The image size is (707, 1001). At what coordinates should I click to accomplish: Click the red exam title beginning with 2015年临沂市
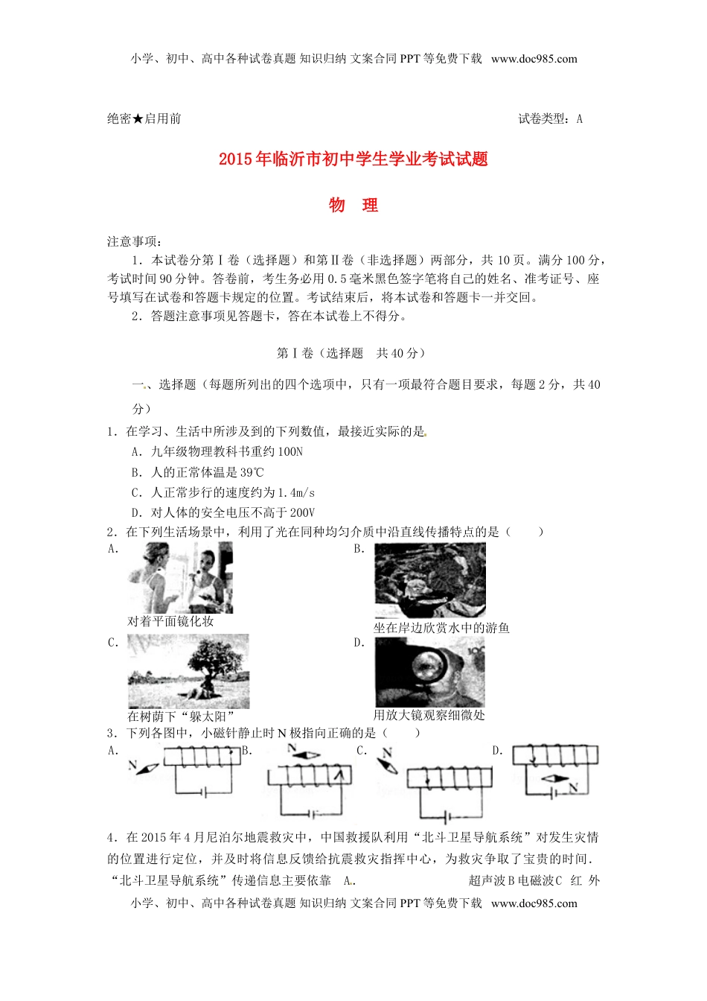tap(353, 159)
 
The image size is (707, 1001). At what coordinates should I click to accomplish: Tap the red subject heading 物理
tap(353, 206)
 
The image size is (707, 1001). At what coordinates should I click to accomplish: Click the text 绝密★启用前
tap(144, 119)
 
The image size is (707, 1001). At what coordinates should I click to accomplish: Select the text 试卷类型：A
tap(550, 119)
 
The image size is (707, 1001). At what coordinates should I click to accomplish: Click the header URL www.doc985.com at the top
tap(534, 59)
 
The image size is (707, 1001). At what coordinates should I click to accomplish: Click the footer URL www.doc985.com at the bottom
tap(534, 903)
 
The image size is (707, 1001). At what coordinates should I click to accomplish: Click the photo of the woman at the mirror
tap(180, 578)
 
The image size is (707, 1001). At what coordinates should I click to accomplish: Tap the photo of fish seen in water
tap(429, 581)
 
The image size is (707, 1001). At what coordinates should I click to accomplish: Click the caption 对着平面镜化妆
tap(170, 621)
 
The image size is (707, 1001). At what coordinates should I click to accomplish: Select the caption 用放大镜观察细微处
tap(429, 715)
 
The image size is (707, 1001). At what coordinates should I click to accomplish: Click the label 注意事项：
tap(135, 241)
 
